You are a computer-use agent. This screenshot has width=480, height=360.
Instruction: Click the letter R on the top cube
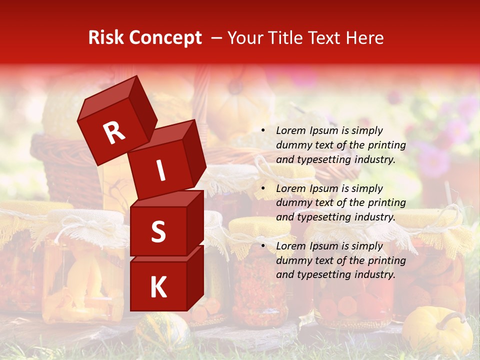pos(114,133)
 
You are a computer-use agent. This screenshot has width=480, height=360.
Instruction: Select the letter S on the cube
pos(158,232)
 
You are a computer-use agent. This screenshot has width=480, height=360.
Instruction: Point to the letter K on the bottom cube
pos(158,287)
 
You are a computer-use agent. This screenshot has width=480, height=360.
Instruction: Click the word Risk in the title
pos(105,38)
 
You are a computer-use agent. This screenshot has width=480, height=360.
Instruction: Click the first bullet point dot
pos(263,131)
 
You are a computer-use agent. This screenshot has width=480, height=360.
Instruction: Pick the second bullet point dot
pos(263,188)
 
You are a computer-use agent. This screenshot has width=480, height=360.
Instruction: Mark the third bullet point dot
pos(263,246)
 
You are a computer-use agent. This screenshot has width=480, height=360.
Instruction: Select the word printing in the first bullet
pos(387,145)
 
